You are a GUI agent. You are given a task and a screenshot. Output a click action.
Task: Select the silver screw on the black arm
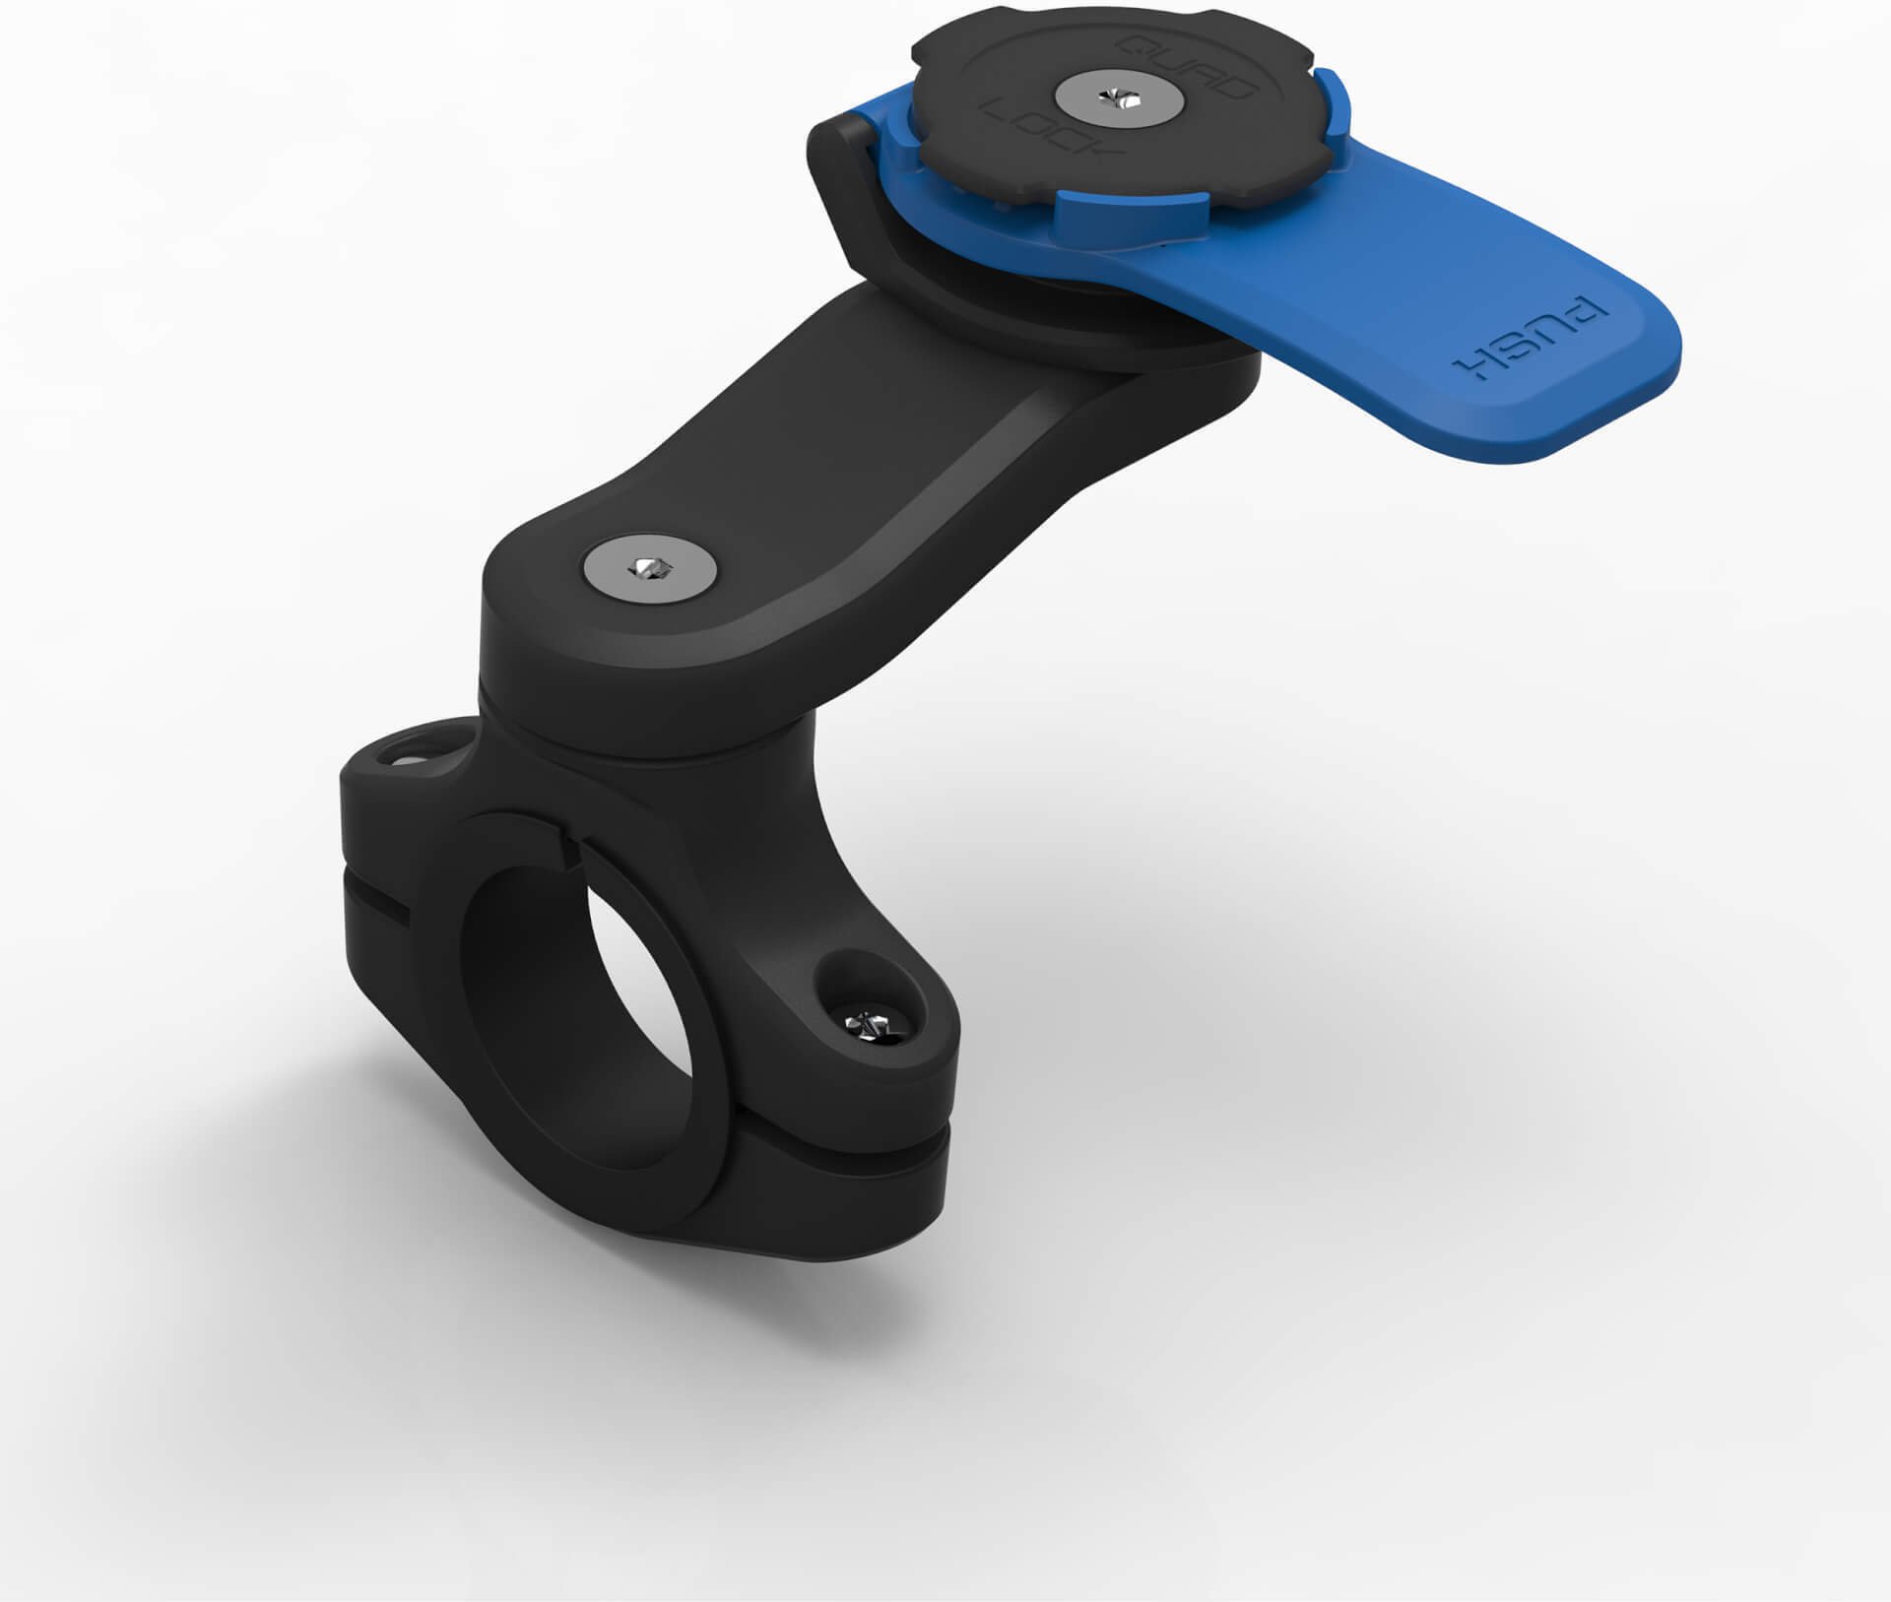[651, 567]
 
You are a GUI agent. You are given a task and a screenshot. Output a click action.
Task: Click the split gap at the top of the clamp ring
[568, 841]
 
